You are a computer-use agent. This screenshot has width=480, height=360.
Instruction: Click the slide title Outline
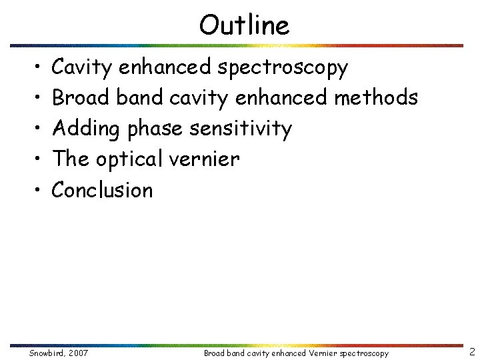244,25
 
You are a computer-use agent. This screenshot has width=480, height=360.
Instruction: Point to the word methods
376,97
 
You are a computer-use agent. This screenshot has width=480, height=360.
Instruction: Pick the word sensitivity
241,128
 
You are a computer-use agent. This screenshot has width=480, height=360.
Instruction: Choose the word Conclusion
102,190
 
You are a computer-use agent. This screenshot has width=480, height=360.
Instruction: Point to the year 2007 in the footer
78,353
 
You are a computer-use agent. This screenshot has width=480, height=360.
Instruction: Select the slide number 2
471,351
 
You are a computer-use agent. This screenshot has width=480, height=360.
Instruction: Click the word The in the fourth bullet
70,159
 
